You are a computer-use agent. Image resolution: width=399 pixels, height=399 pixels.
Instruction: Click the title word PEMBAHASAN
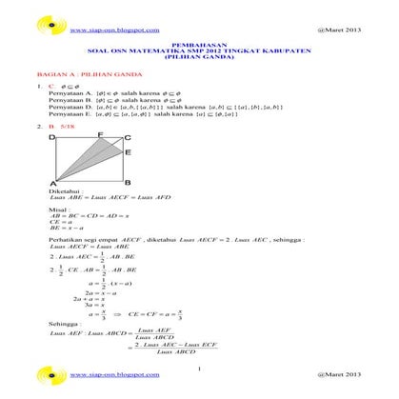(198, 45)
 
